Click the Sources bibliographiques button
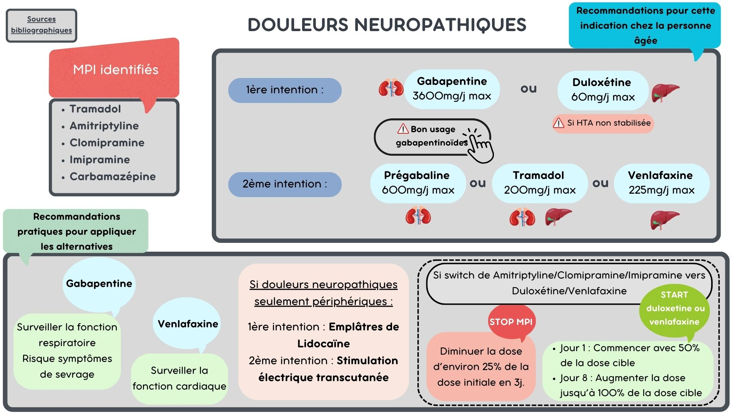pos(42,25)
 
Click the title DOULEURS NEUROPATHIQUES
pos(387,25)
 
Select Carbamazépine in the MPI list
pos(113,176)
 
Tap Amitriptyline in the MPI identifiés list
pos(104,126)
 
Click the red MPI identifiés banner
pos(114,69)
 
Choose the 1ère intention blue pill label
pos(285,90)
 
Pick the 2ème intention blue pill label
pos(285,184)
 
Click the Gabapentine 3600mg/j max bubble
pos(452,89)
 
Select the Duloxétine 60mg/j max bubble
pos(603,90)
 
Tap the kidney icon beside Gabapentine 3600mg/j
pos(391,88)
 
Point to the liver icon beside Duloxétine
pos(665,93)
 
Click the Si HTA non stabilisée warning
pos(603,123)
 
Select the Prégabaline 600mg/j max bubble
pos(418,183)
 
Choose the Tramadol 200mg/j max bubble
pos(540,183)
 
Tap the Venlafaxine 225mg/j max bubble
pos(662,183)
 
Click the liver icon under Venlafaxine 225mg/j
pos(665,220)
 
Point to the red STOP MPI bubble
pos(511,322)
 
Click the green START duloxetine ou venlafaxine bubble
pos(675,309)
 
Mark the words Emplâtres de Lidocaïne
pos(348,335)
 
